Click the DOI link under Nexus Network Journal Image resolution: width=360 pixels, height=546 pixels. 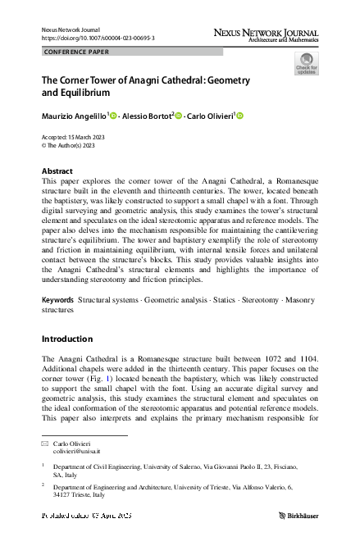click(98, 39)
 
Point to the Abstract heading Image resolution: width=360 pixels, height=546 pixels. click(57, 171)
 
